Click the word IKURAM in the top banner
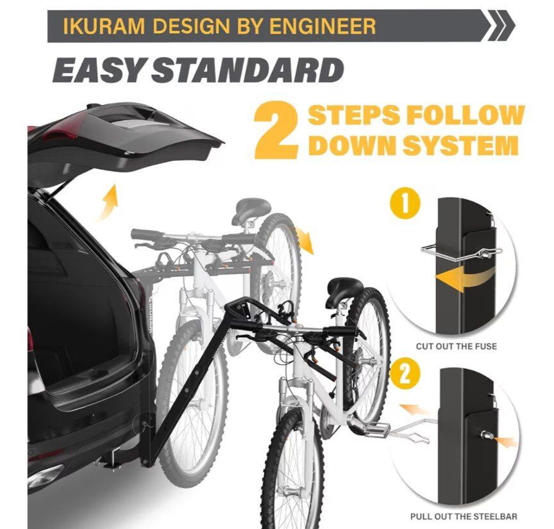tap(104, 26)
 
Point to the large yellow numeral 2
tap(276, 130)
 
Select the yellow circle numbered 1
tap(405, 204)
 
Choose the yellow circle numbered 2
tap(405, 374)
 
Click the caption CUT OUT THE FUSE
tap(456, 346)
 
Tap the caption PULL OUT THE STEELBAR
tap(464, 516)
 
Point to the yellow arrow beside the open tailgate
tap(109, 201)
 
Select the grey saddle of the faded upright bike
tap(253, 207)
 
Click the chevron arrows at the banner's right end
tap(501, 26)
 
